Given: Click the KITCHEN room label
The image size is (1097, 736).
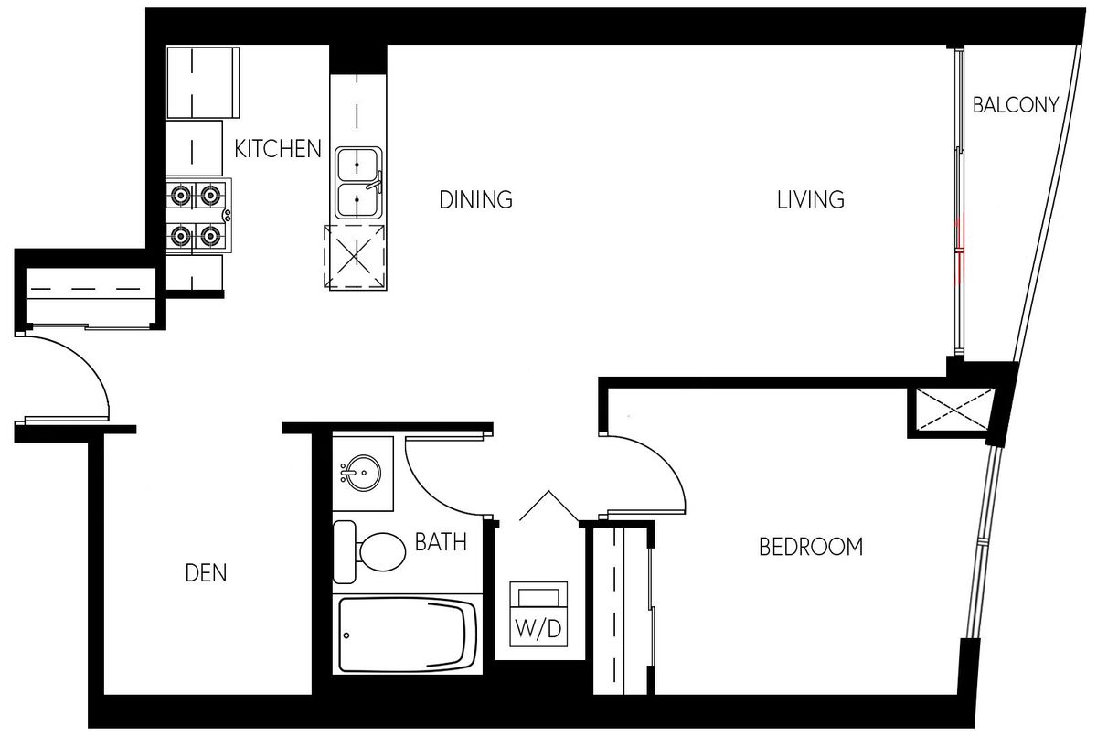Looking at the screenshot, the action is [x=278, y=149].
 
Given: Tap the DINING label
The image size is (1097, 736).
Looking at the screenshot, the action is [x=475, y=200].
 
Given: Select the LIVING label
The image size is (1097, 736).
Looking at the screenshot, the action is [x=811, y=200].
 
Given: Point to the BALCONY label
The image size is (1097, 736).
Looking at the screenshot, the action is [x=1016, y=105].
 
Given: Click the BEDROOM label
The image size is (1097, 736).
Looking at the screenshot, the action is [x=811, y=547].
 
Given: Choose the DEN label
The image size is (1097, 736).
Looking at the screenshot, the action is [x=207, y=573].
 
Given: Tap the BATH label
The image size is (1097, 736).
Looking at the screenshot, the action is [x=441, y=542].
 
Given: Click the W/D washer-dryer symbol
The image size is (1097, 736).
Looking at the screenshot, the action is [x=538, y=614].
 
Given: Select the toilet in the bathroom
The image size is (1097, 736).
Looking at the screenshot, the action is [x=369, y=552].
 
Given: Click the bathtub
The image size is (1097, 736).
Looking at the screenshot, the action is [x=408, y=635].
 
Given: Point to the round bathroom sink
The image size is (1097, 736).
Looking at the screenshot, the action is [x=362, y=473].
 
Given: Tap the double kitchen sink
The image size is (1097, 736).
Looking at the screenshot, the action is [x=358, y=183].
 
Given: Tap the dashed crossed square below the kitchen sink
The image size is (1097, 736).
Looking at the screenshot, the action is [x=355, y=256].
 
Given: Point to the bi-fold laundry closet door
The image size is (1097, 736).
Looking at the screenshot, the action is [x=549, y=506].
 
